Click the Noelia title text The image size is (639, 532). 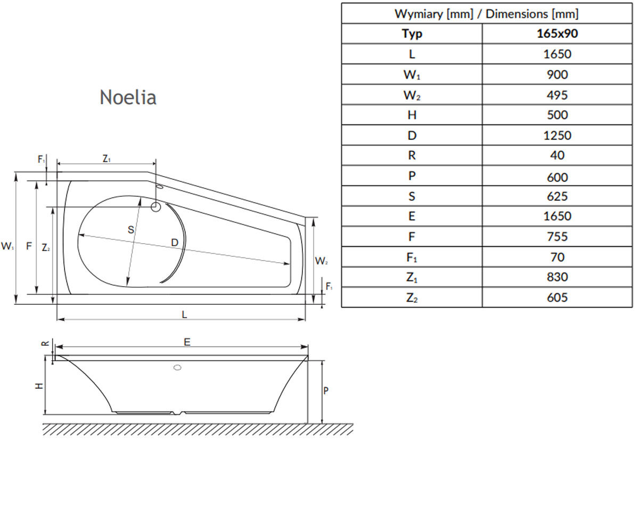pyautogui.click(x=128, y=97)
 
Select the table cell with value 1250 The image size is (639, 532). pyautogui.click(x=557, y=136)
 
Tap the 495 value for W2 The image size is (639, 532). pyautogui.click(x=557, y=95)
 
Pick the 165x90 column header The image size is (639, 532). pyautogui.click(x=557, y=34)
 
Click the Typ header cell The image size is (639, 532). pyautogui.click(x=412, y=34)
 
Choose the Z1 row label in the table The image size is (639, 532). pyautogui.click(x=412, y=277)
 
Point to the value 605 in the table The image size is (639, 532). pyautogui.click(x=557, y=297)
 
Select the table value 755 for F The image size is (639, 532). pyautogui.click(x=557, y=237)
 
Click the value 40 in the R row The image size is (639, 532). pyautogui.click(x=557, y=155)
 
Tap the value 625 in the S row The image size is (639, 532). pyautogui.click(x=557, y=196)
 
